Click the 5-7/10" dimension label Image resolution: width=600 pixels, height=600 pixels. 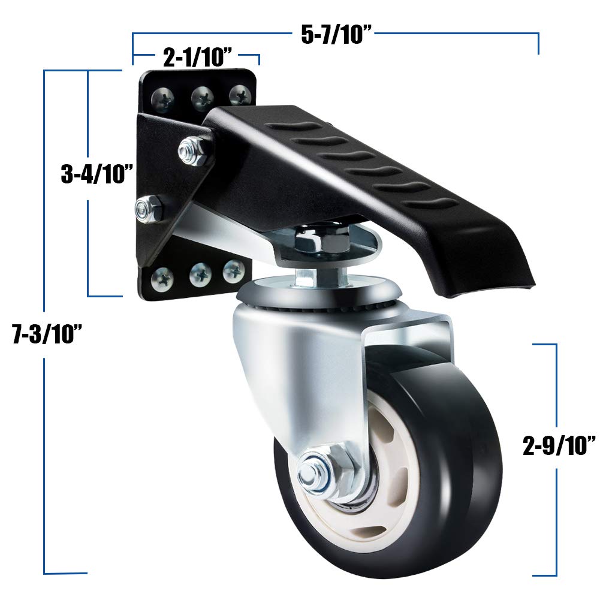[337, 34]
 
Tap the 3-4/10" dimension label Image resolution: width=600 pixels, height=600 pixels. [97, 174]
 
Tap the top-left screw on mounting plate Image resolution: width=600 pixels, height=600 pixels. [163, 96]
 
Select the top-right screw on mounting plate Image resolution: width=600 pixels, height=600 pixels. [240, 94]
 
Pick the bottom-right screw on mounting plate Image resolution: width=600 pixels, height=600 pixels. [233, 271]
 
